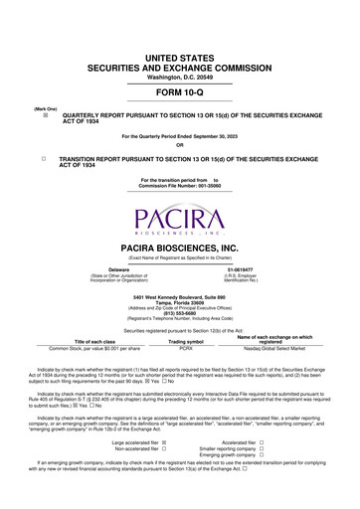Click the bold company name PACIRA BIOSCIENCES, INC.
[x=180, y=244]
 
